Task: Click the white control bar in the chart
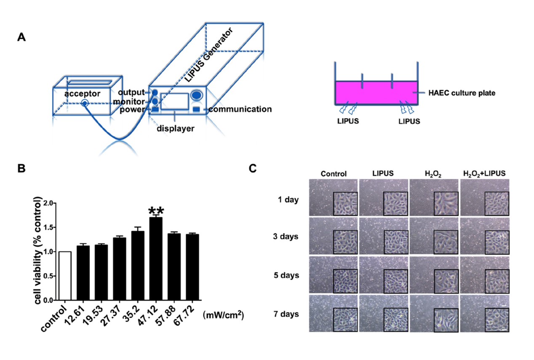pyautogui.click(x=65, y=276)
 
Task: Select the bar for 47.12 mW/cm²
pyautogui.click(x=156, y=259)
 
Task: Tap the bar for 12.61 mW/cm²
pyautogui.click(x=83, y=273)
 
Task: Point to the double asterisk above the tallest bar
pyautogui.click(x=156, y=211)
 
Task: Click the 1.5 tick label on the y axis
pyautogui.click(x=48, y=227)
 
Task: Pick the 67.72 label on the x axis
pyautogui.click(x=184, y=316)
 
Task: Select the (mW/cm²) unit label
pyautogui.click(x=223, y=315)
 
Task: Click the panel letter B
pyautogui.click(x=21, y=168)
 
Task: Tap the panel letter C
pyautogui.click(x=253, y=168)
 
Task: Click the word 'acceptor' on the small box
pyautogui.click(x=82, y=94)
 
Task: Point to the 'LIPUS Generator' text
pyautogui.click(x=209, y=55)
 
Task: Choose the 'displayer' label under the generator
pyautogui.click(x=176, y=128)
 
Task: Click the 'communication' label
pyautogui.click(x=240, y=109)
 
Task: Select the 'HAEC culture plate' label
pyautogui.click(x=462, y=93)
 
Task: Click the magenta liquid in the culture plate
pyautogui.click(x=376, y=93)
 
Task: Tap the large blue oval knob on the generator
pyautogui.click(x=196, y=95)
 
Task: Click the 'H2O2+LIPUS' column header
pyautogui.click(x=484, y=173)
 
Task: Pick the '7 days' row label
pyautogui.click(x=286, y=314)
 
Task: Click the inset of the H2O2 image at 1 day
pyautogui.click(x=446, y=204)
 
